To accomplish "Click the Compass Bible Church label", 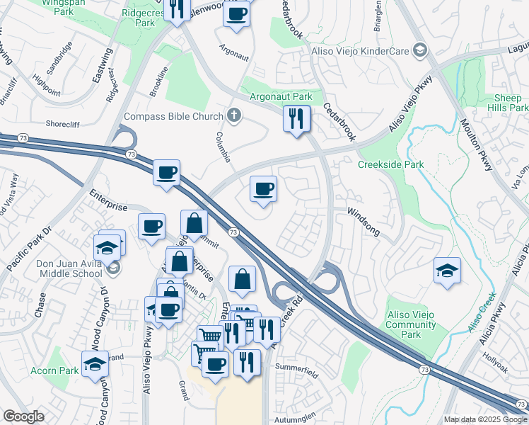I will (173, 116).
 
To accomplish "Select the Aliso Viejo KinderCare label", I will (361, 51).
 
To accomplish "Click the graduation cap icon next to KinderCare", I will (421, 50).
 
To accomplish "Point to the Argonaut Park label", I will (281, 96).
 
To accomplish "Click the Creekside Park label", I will (390, 164).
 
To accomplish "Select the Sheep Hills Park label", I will (508, 103).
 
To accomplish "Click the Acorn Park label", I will (54, 370).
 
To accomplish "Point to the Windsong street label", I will (364, 222).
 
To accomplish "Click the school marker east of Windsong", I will (446, 271).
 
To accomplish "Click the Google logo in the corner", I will (23, 416).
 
